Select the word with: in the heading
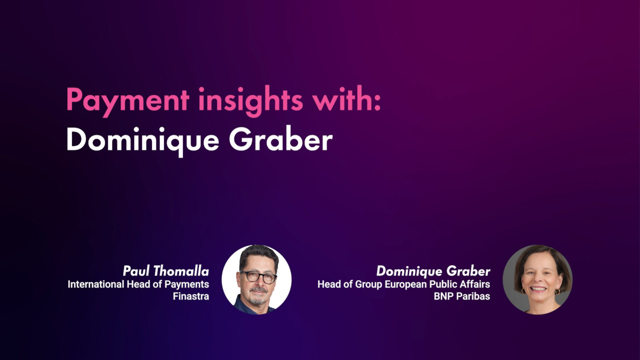click(347, 98)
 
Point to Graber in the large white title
click(281, 138)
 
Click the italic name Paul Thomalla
click(166, 271)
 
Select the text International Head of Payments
click(138, 284)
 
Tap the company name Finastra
click(191, 296)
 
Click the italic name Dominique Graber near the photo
click(433, 271)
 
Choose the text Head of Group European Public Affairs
click(403, 284)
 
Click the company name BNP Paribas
click(462, 296)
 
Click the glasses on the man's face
click(258, 276)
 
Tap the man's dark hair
click(258, 255)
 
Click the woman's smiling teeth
click(538, 289)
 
